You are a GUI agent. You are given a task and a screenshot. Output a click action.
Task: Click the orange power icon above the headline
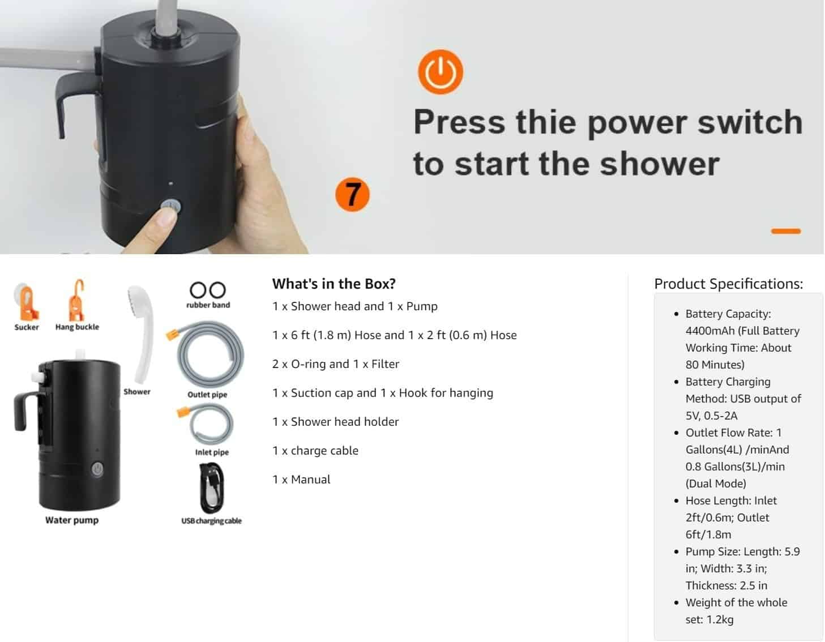click(x=440, y=72)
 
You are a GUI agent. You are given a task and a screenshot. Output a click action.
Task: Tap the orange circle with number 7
click(x=352, y=194)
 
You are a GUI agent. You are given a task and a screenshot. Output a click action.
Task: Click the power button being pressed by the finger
click(x=171, y=206)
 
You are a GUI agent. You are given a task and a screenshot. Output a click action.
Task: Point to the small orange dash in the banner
click(x=785, y=231)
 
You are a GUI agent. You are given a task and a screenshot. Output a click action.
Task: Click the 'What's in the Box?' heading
click(x=334, y=284)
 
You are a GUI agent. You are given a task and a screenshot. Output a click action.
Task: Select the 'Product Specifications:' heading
click(x=728, y=284)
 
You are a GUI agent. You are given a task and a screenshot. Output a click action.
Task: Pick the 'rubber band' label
click(x=208, y=305)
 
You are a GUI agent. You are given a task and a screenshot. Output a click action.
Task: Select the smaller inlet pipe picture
click(x=207, y=424)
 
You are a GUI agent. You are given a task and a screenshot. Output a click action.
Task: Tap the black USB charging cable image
click(x=211, y=488)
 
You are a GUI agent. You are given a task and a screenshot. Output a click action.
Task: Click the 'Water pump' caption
click(x=72, y=520)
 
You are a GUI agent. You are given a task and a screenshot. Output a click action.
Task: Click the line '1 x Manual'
click(x=301, y=479)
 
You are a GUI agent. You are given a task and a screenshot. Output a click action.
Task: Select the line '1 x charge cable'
click(x=315, y=451)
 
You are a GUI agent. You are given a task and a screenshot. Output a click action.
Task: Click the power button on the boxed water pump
click(x=97, y=469)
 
